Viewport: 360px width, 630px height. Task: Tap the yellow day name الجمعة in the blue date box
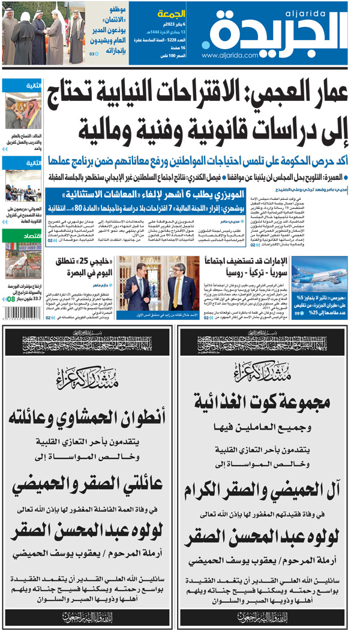click(x=170, y=14)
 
